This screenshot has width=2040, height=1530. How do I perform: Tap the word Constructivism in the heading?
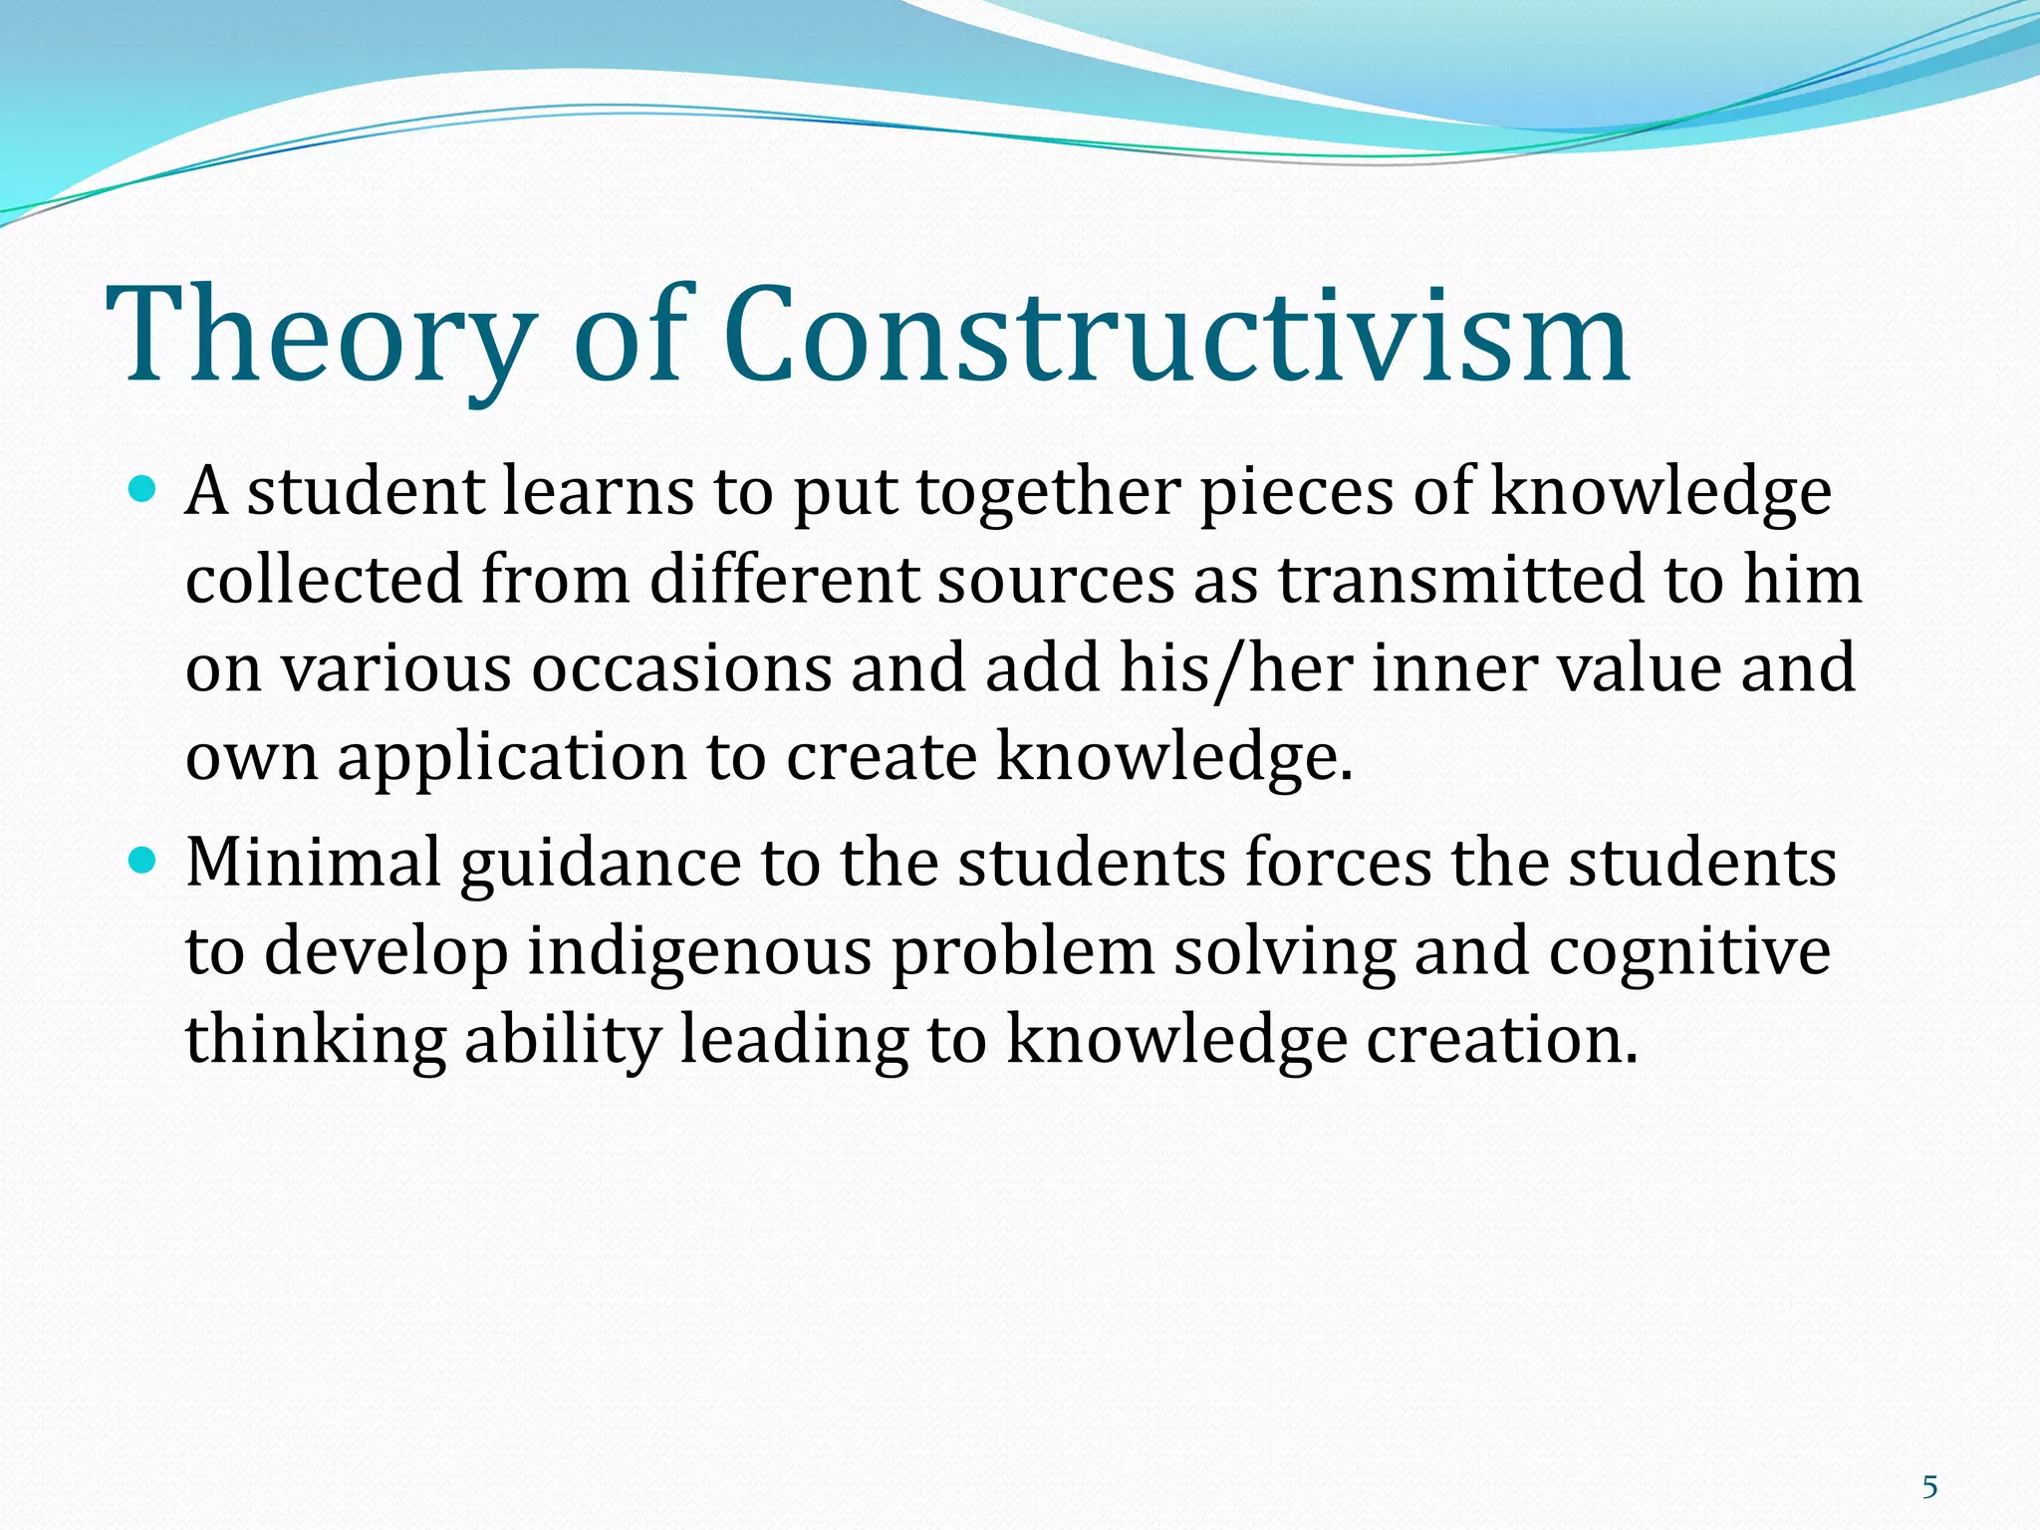pos(1175,337)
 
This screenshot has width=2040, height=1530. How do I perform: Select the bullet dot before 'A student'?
pos(144,489)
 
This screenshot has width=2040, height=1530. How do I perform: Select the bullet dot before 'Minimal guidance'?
pos(144,860)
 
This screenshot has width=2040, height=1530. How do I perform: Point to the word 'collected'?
pos(324,580)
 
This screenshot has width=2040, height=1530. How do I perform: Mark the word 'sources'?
pos(1055,582)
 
